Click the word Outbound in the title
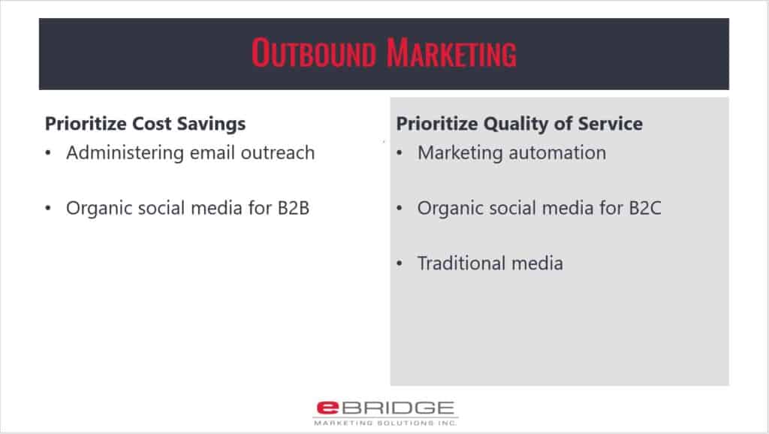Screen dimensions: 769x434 coord(313,53)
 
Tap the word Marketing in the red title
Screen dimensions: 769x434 coord(451,53)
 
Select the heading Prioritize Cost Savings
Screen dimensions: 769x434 coord(145,124)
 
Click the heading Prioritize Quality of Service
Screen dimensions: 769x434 coord(519,124)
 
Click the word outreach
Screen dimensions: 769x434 coord(277,153)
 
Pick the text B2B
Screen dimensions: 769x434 coord(294,208)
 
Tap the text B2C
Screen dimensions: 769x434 coord(645,208)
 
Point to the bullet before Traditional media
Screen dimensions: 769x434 coord(400,264)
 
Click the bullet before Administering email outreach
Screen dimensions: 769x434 coord(48,153)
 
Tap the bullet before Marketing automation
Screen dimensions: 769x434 coord(400,153)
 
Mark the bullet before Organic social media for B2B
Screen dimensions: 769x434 coord(48,209)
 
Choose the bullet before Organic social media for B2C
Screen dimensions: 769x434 coord(400,209)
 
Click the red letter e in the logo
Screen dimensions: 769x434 coord(327,408)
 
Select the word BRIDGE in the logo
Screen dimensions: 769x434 coord(398,408)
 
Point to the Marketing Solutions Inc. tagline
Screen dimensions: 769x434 coord(385,423)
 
